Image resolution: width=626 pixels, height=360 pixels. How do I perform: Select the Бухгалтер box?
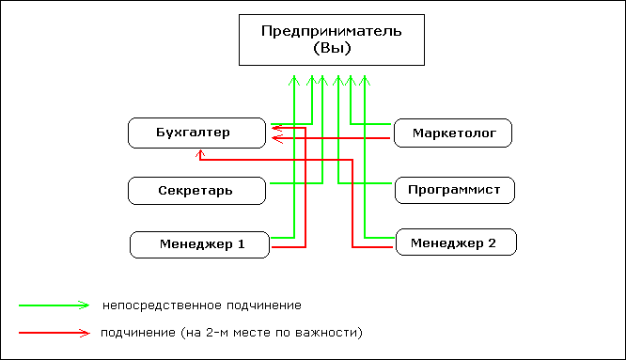(194, 133)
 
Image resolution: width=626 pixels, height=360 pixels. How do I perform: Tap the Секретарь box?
(195, 191)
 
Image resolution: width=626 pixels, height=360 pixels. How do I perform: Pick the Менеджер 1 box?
(199, 244)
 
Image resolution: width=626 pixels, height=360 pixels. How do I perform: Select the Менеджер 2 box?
(457, 243)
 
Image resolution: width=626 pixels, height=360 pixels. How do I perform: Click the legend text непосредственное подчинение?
(202, 305)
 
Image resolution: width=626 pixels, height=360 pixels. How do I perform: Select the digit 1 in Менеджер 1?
(241, 244)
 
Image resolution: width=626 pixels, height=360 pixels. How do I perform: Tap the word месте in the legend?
(249, 333)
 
